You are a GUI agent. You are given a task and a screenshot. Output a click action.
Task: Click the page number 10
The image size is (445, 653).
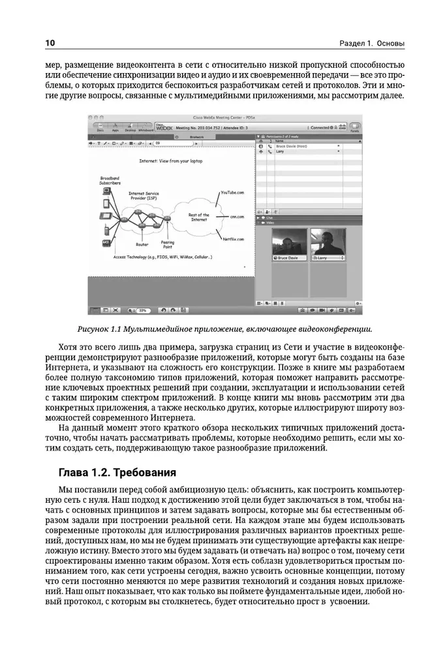coord(50,44)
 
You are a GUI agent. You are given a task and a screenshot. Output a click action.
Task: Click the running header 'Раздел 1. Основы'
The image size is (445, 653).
coord(372,44)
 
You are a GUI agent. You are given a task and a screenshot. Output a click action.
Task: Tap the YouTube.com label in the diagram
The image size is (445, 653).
coord(232,193)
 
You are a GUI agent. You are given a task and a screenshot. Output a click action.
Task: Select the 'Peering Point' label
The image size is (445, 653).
coord(168,245)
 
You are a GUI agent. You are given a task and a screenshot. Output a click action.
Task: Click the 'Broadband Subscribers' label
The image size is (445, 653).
coord(110,180)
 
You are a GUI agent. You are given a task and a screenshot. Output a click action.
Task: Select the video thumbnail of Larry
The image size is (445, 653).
coord(328,244)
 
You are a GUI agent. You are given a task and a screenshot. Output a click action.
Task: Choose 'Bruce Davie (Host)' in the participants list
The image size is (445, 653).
coord(291,147)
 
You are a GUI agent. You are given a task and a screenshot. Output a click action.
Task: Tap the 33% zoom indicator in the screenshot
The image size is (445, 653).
coord(142,311)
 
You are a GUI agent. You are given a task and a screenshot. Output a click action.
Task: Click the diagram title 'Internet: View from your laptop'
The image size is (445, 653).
coord(166,160)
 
